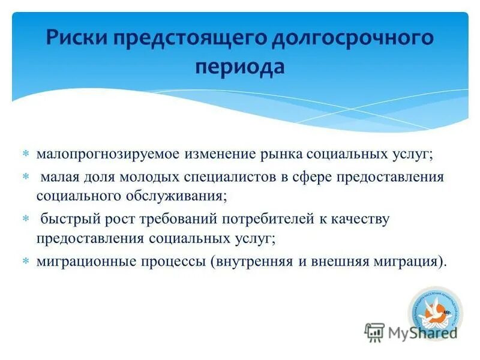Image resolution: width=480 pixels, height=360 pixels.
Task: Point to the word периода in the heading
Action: point(239,66)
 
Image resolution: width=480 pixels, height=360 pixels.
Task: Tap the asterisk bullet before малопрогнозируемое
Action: point(25,154)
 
